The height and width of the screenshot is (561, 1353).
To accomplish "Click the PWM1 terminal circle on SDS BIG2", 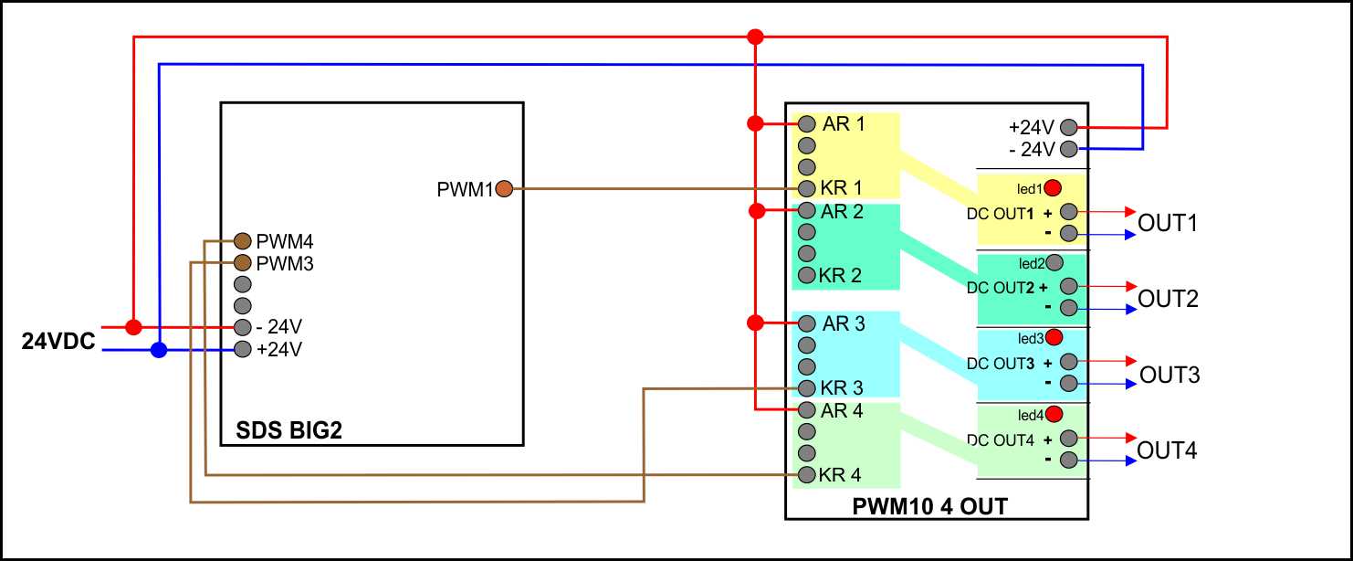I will pyautogui.click(x=503, y=189).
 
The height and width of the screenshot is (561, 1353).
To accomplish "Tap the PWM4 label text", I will pyautogui.click(x=285, y=242).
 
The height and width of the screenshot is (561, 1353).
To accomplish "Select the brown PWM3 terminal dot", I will pyautogui.click(x=242, y=263).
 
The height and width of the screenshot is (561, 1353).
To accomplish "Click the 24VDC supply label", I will pyautogui.click(x=58, y=342).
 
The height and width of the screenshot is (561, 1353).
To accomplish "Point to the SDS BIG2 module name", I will pyautogui.click(x=288, y=430).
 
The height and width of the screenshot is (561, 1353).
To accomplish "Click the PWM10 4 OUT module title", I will pyautogui.click(x=929, y=505).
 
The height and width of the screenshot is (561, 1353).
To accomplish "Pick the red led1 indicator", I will pyautogui.click(x=1053, y=189).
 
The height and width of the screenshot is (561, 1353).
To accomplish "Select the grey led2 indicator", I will pyautogui.click(x=1054, y=263).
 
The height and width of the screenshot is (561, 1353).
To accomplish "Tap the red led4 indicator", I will pyautogui.click(x=1054, y=414).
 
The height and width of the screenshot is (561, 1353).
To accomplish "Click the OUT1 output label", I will pyautogui.click(x=1168, y=223).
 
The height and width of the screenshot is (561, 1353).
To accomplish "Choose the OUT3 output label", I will pyautogui.click(x=1169, y=375).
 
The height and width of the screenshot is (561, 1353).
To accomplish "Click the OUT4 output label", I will pyautogui.click(x=1167, y=450).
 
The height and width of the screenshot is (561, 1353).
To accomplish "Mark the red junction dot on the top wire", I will pyautogui.click(x=755, y=37).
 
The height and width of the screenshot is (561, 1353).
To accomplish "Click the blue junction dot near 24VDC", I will pyautogui.click(x=159, y=349).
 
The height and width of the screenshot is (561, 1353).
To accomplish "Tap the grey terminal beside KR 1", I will pyautogui.click(x=806, y=189).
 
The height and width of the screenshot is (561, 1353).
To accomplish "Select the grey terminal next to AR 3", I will pyautogui.click(x=806, y=323).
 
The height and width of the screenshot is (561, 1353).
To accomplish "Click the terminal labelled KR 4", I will pyautogui.click(x=806, y=474).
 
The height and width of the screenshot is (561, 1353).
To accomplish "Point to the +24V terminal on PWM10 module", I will pyautogui.click(x=1067, y=128).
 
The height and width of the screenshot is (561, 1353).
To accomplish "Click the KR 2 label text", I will pyautogui.click(x=841, y=275).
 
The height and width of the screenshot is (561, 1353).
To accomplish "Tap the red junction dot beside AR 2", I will pyautogui.click(x=755, y=211).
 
